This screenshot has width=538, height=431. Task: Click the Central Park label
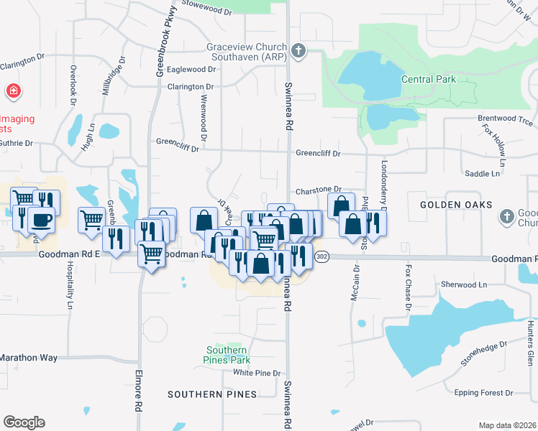click(428, 79)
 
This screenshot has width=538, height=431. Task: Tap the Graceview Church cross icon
click(298, 50)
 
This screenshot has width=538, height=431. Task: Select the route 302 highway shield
click(322, 258)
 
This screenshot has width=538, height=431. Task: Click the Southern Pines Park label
click(224, 354)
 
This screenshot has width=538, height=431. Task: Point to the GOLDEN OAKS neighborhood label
click(451, 205)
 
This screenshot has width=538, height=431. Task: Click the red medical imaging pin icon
click(12, 91)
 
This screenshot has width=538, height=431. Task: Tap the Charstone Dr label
click(318, 190)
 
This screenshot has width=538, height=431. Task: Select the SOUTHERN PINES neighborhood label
click(212, 394)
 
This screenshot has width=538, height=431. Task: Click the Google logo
click(24, 422)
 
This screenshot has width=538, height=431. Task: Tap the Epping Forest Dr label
click(483, 393)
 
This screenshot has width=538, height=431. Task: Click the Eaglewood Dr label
click(191, 70)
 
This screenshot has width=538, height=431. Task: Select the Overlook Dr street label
click(73, 84)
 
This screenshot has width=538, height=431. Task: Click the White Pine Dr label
click(256, 373)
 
